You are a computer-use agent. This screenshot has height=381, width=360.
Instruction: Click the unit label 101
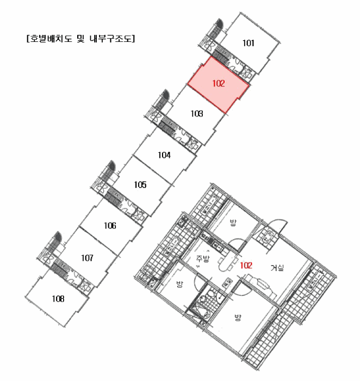point(249,43)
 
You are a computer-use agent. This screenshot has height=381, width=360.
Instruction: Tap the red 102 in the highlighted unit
point(219,83)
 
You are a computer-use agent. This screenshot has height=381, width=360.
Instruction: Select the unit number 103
point(197,113)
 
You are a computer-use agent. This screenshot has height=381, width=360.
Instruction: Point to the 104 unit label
point(164,155)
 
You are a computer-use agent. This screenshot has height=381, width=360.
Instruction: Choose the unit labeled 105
point(140,185)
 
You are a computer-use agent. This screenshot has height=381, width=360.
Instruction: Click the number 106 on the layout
point(110,225)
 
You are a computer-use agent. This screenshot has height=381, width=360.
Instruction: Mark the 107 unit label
point(87,258)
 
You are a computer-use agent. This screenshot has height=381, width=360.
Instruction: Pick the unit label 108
point(58,298)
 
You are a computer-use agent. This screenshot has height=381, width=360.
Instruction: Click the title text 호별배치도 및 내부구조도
point(80,39)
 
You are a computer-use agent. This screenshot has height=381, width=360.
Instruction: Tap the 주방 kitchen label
point(202,259)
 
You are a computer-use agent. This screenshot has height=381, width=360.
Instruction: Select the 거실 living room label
point(277,268)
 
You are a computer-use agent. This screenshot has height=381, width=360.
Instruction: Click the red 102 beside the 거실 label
point(246,266)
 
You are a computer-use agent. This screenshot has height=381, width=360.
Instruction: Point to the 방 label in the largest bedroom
point(238,317)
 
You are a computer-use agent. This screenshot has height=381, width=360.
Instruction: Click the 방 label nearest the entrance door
point(233,222)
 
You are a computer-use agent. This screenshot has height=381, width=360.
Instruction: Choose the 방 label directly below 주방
point(179,284)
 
